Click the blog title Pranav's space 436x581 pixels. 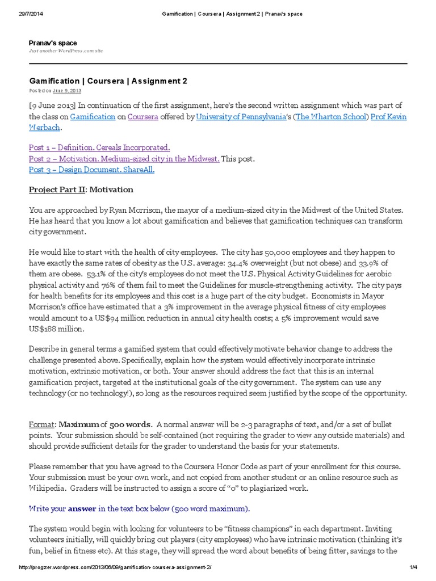point(53,43)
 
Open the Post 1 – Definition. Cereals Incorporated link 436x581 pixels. point(99,147)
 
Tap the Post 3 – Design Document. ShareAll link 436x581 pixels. point(91,170)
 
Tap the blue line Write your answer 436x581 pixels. point(139,508)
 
